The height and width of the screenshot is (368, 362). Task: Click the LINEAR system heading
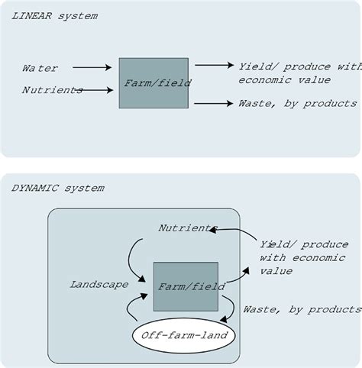[53, 16]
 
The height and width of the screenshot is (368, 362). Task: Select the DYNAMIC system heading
[58, 188]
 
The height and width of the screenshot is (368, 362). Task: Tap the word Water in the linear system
[40, 69]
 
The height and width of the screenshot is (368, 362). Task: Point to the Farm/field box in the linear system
[154, 83]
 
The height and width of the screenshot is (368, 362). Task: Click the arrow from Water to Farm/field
[91, 68]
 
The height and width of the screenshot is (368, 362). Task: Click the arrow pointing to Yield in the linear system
[213, 66]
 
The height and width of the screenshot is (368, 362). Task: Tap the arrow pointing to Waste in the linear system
[213, 103]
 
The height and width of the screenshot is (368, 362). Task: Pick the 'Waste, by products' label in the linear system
[297, 103]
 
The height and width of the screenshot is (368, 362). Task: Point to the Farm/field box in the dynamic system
[186, 286]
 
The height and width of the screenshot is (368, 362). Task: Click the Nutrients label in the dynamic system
[186, 228]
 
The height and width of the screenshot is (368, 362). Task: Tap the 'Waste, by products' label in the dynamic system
[301, 309]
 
